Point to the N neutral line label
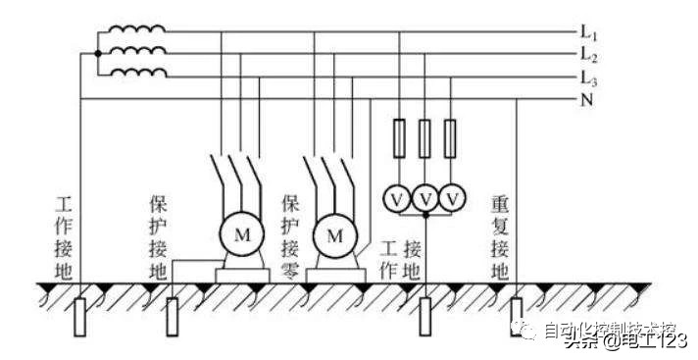tap(586, 99)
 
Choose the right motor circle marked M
tap(334, 236)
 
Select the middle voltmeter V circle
tap(425, 199)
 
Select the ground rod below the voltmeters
tap(425, 314)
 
